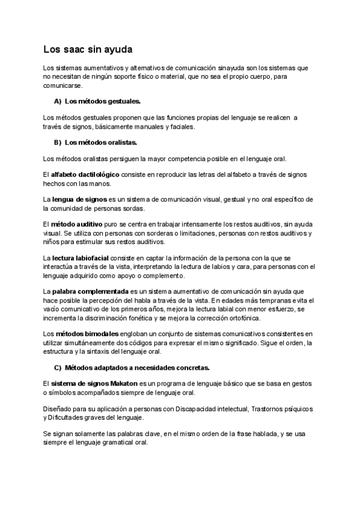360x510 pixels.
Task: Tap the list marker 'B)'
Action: pos(58,143)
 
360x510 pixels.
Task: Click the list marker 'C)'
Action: pos(58,367)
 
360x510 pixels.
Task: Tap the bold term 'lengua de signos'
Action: pos(81,198)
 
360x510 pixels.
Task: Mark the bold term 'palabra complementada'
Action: pos(87,291)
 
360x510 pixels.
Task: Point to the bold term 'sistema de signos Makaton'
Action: pos(91,383)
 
